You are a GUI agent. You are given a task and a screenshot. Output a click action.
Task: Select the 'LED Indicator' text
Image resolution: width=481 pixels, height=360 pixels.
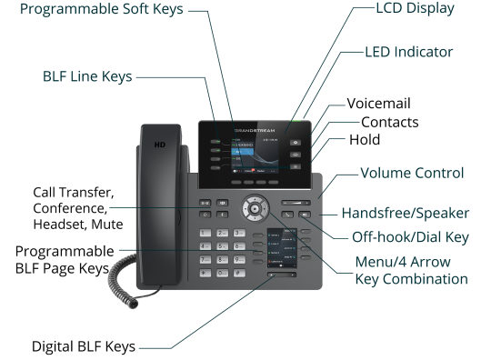(x=408, y=52)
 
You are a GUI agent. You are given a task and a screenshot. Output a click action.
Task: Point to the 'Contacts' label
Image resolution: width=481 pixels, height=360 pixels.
(x=389, y=122)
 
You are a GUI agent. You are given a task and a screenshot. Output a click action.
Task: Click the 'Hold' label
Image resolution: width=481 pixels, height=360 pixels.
(x=364, y=140)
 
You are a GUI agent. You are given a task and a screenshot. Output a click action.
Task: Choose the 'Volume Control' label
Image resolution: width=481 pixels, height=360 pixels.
(x=414, y=173)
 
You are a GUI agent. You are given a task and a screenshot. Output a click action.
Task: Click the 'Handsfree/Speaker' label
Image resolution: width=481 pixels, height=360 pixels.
(x=405, y=214)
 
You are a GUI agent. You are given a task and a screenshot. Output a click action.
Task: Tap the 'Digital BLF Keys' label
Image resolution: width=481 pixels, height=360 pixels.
(x=83, y=346)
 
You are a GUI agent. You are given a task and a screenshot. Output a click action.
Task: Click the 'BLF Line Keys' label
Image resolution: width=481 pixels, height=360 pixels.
(x=86, y=78)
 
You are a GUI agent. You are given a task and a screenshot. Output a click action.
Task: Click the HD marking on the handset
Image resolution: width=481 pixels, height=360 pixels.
(x=160, y=145)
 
